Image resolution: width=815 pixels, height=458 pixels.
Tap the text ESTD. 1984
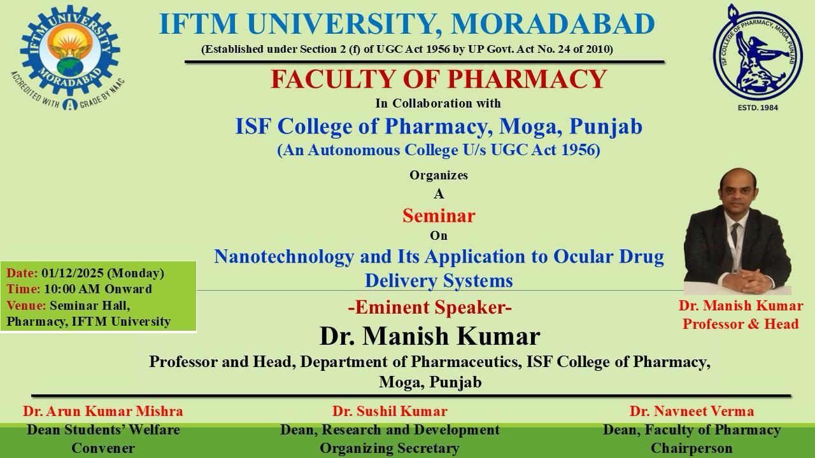[x=758, y=108]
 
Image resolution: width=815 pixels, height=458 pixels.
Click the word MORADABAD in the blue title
[x=553, y=24]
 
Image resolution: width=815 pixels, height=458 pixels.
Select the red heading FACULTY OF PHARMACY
[x=439, y=79]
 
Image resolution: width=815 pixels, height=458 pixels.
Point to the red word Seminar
[x=439, y=216]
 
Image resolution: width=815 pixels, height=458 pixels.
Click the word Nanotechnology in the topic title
[x=284, y=256]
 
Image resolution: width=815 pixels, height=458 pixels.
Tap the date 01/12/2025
[x=73, y=273]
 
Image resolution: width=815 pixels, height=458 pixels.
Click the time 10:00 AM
[x=73, y=289]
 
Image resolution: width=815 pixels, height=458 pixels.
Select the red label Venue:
[x=26, y=305]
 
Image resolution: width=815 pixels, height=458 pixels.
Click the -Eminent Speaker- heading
[x=430, y=307]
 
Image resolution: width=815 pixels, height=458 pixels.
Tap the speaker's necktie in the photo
[x=735, y=235]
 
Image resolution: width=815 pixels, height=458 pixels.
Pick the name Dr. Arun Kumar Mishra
[x=103, y=411]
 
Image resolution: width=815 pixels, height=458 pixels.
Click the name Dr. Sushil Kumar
[x=390, y=411]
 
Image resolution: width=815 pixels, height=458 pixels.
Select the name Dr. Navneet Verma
[x=691, y=411]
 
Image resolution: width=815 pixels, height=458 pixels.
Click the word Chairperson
[x=691, y=448]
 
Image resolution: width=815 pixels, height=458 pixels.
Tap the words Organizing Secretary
[x=390, y=448]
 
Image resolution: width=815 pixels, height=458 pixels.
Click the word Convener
[x=103, y=448]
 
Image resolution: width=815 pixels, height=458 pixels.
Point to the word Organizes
[x=439, y=175]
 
